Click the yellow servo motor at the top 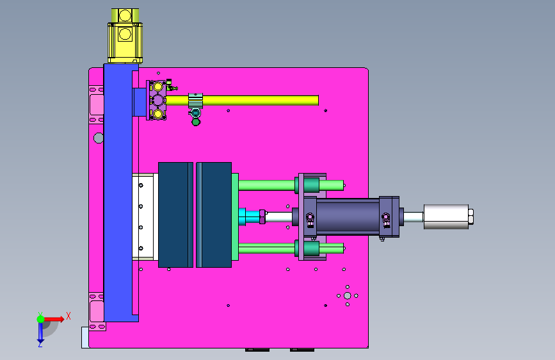tap(125, 36)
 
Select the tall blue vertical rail tap(121, 193)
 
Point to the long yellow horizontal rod tap(242, 101)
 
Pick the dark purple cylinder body tap(348, 216)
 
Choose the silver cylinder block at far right tap(446, 217)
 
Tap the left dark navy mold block tap(175, 215)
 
